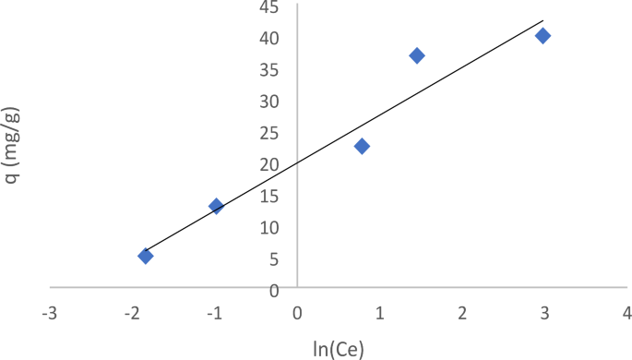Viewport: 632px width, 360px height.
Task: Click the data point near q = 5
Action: pos(146,256)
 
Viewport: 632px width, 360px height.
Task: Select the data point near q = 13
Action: pos(216,206)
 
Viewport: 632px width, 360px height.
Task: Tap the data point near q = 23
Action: pos(362,146)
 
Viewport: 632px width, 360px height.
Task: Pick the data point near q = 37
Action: pos(417,55)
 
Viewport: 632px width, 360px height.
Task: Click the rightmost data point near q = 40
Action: pos(543,35)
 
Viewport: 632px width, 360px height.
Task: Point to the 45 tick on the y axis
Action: pos(268,6)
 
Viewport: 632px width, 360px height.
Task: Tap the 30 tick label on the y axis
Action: pos(268,101)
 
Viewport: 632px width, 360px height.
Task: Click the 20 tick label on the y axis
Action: pos(268,164)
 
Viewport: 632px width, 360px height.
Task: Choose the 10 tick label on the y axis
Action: pos(268,227)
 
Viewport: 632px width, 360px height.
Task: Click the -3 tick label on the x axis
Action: pos(47,313)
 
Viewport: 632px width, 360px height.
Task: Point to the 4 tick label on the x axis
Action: pos(626,313)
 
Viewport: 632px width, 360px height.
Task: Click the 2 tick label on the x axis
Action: pos(461,313)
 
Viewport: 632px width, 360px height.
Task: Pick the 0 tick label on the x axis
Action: pos(297,313)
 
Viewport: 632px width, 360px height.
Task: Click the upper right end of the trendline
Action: pos(543,20)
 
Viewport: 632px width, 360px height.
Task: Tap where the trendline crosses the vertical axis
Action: pos(297,159)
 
